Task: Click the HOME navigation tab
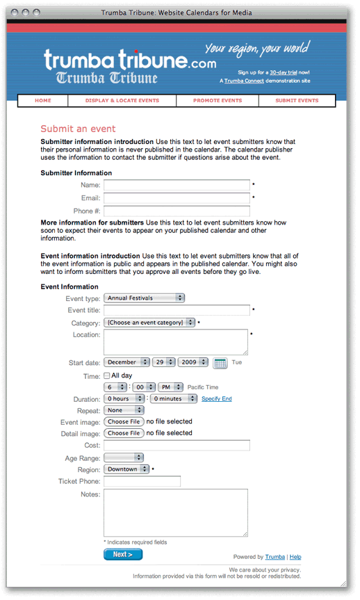pos(43,101)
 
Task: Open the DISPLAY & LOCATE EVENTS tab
pos(122,101)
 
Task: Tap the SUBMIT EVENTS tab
pos(297,101)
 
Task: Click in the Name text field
pos(177,185)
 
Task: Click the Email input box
pos(177,198)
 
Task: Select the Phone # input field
pos(177,211)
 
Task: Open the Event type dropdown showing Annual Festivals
pos(145,298)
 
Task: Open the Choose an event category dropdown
pos(149,323)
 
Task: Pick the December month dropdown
pos(126,362)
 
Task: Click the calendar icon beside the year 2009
pos(220,362)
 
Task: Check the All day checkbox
pos(107,375)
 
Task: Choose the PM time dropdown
pos(170,387)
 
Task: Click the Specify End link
pos(217,399)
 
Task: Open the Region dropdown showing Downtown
pos(126,469)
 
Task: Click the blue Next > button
pos(123,554)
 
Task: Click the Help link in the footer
pos(295,557)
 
